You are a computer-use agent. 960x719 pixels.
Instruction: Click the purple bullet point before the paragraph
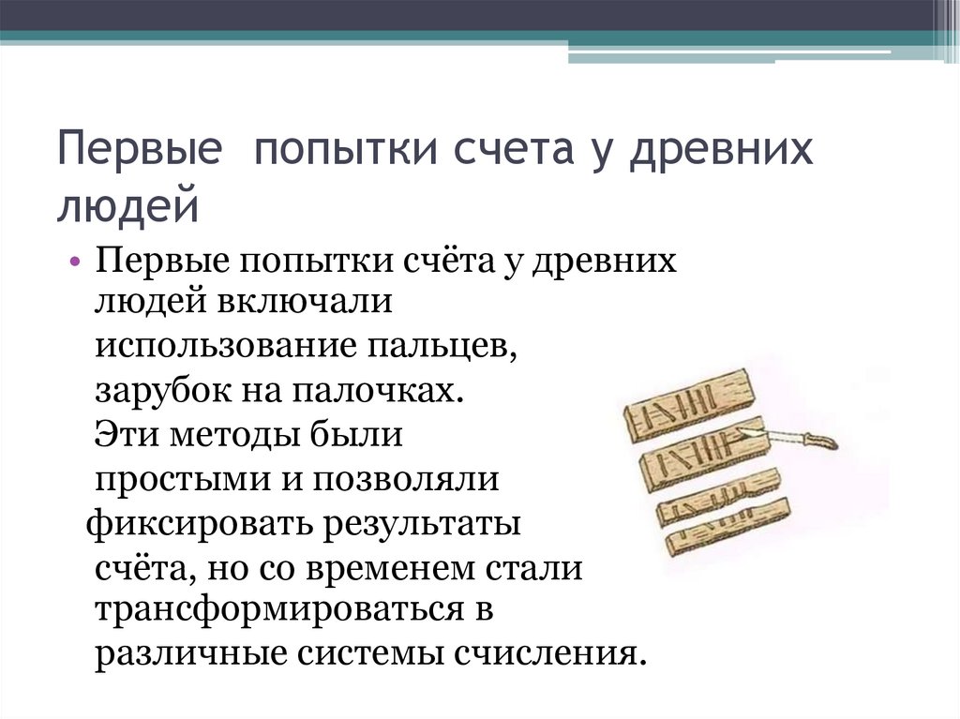tap(75, 261)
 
